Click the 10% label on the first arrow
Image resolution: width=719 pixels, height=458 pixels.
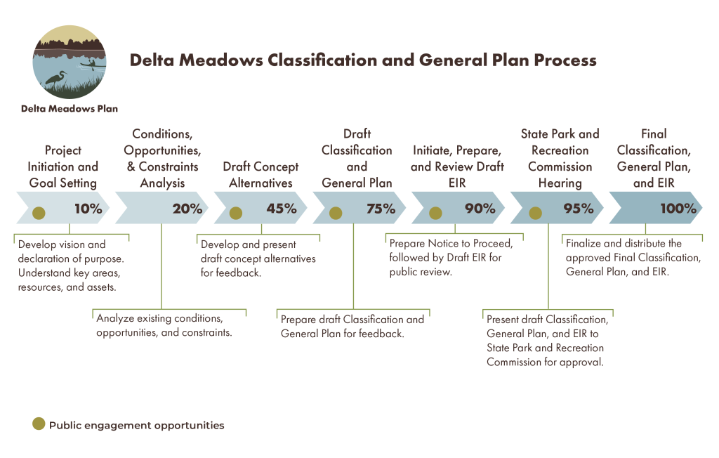point(88,209)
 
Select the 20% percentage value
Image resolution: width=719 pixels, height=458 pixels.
point(187,209)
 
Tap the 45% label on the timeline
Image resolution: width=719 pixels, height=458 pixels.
point(281,209)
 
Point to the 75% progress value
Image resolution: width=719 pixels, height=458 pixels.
point(381,209)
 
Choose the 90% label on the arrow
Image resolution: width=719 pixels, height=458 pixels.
point(480,209)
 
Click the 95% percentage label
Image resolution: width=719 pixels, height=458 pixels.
point(579,209)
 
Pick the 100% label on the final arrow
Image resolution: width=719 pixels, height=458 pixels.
point(678,209)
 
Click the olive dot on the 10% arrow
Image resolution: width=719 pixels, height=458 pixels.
point(39,213)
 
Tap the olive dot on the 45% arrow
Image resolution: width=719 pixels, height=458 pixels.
point(236,213)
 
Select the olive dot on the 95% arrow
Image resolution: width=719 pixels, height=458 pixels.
point(535,213)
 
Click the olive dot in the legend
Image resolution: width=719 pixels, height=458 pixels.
point(39,424)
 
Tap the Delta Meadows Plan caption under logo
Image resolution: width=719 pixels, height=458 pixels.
point(70,109)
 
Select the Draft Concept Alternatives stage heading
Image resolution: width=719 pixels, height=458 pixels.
point(260,175)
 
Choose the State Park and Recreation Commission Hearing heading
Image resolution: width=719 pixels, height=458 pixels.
point(560,159)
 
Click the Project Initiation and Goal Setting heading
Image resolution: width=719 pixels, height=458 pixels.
point(63,166)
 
